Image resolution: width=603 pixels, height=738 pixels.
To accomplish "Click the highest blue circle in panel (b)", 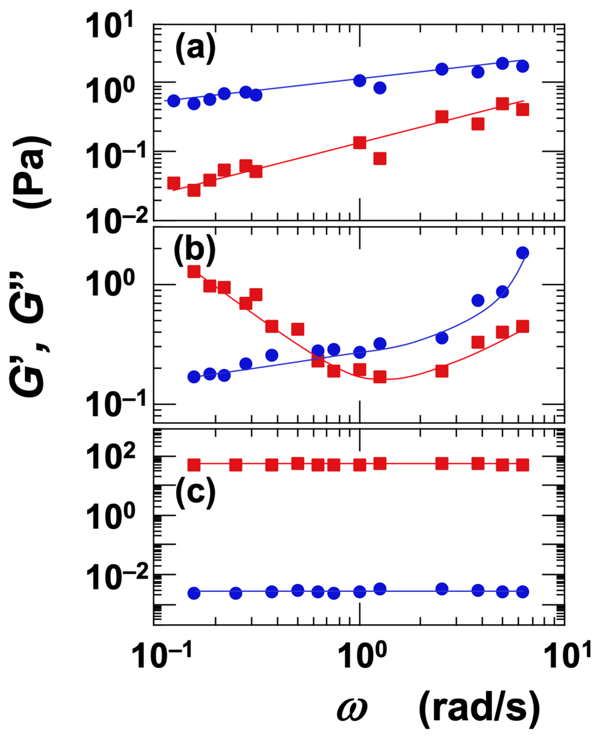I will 522,253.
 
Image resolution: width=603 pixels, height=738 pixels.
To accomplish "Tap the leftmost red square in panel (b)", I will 194,271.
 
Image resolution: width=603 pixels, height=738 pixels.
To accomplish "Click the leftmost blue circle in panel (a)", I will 174,101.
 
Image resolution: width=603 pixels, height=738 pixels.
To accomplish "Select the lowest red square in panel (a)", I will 194,190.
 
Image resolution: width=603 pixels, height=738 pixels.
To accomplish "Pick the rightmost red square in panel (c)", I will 522,465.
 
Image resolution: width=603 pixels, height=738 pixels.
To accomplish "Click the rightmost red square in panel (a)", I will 522,110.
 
